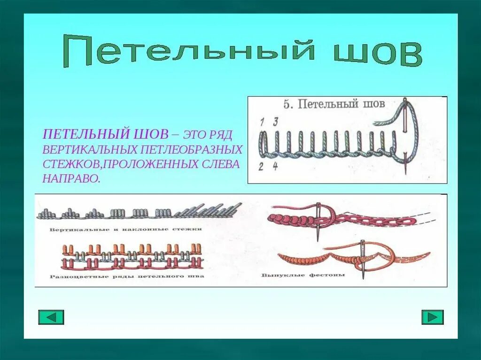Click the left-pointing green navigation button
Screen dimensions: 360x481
click(51, 317)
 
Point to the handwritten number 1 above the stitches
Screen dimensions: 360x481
click(262, 122)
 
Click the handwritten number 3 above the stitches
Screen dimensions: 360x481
click(276, 122)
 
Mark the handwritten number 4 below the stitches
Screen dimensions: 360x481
click(275, 166)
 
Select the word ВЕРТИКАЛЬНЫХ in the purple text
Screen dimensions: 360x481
click(89, 150)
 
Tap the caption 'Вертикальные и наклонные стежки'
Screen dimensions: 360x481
click(125, 229)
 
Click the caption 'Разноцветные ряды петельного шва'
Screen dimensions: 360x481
click(127, 276)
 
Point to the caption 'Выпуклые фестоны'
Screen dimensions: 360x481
click(303, 275)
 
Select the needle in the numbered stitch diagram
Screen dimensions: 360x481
click(405, 136)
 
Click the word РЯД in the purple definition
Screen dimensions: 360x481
click(221, 135)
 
